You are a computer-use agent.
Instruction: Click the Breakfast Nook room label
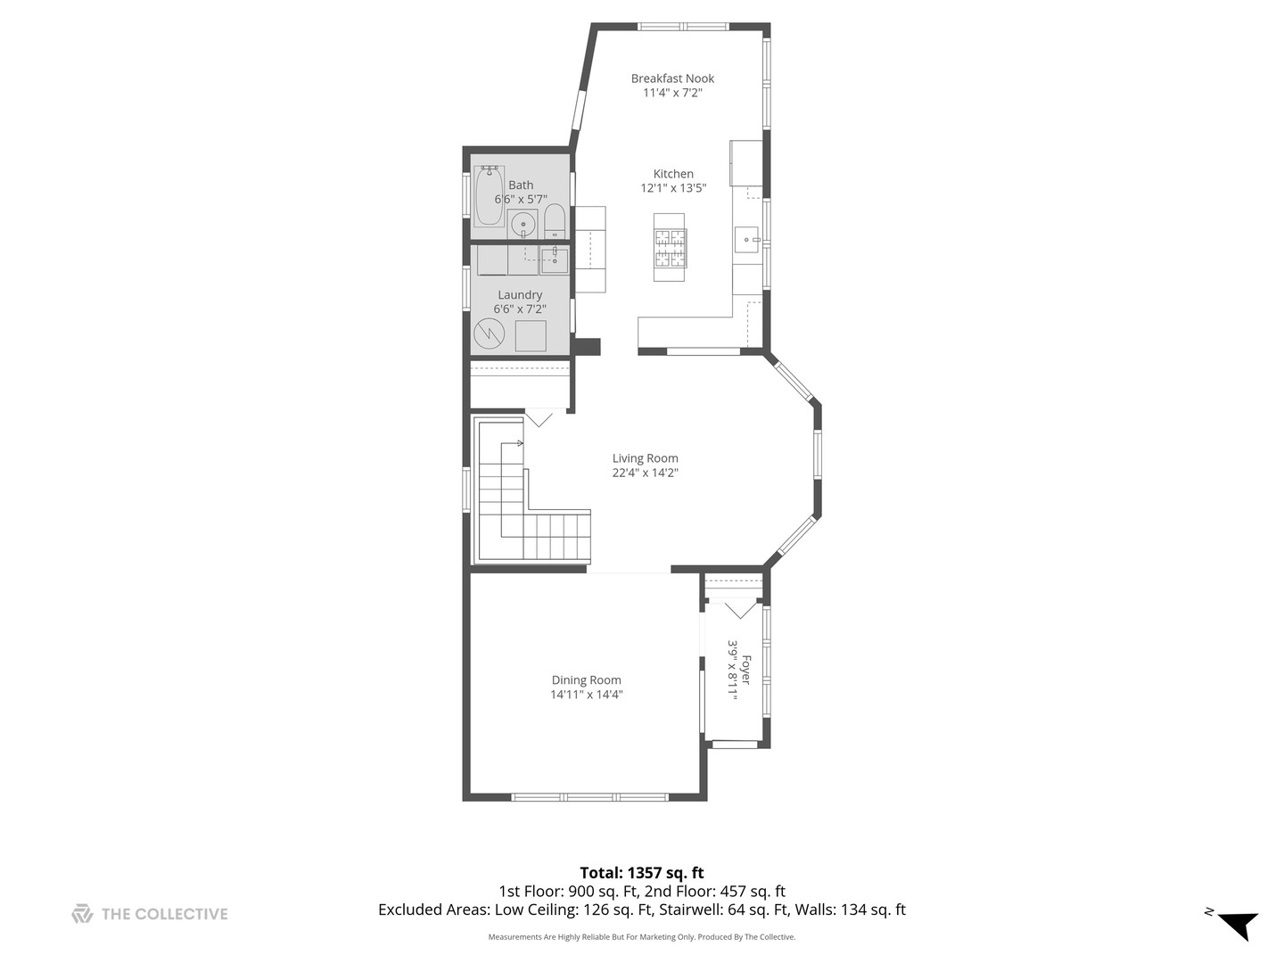(672, 78)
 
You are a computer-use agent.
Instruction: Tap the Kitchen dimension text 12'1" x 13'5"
(673, 188)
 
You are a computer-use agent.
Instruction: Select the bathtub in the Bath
(490, 196)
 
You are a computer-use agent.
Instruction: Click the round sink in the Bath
(522, 223)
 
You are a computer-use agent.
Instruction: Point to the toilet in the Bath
(554, 221)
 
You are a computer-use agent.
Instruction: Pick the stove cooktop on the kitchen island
(670, 248)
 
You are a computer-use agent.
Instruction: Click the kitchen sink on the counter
(746, 240)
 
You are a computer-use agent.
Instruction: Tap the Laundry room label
(520, 294)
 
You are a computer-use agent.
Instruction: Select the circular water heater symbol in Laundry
(489, 333)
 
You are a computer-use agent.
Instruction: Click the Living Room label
(646, 458)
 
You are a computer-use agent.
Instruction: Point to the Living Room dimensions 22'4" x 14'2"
(646, 473)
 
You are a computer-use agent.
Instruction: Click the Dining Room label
(586, 680)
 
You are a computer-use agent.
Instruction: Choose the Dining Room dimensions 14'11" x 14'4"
(586, 695)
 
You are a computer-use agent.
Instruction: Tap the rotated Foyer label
(745, 670)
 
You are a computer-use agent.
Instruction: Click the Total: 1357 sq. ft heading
(642, 873)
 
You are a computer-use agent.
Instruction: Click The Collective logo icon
(82, 914)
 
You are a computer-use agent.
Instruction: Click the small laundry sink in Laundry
(554, 259)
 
